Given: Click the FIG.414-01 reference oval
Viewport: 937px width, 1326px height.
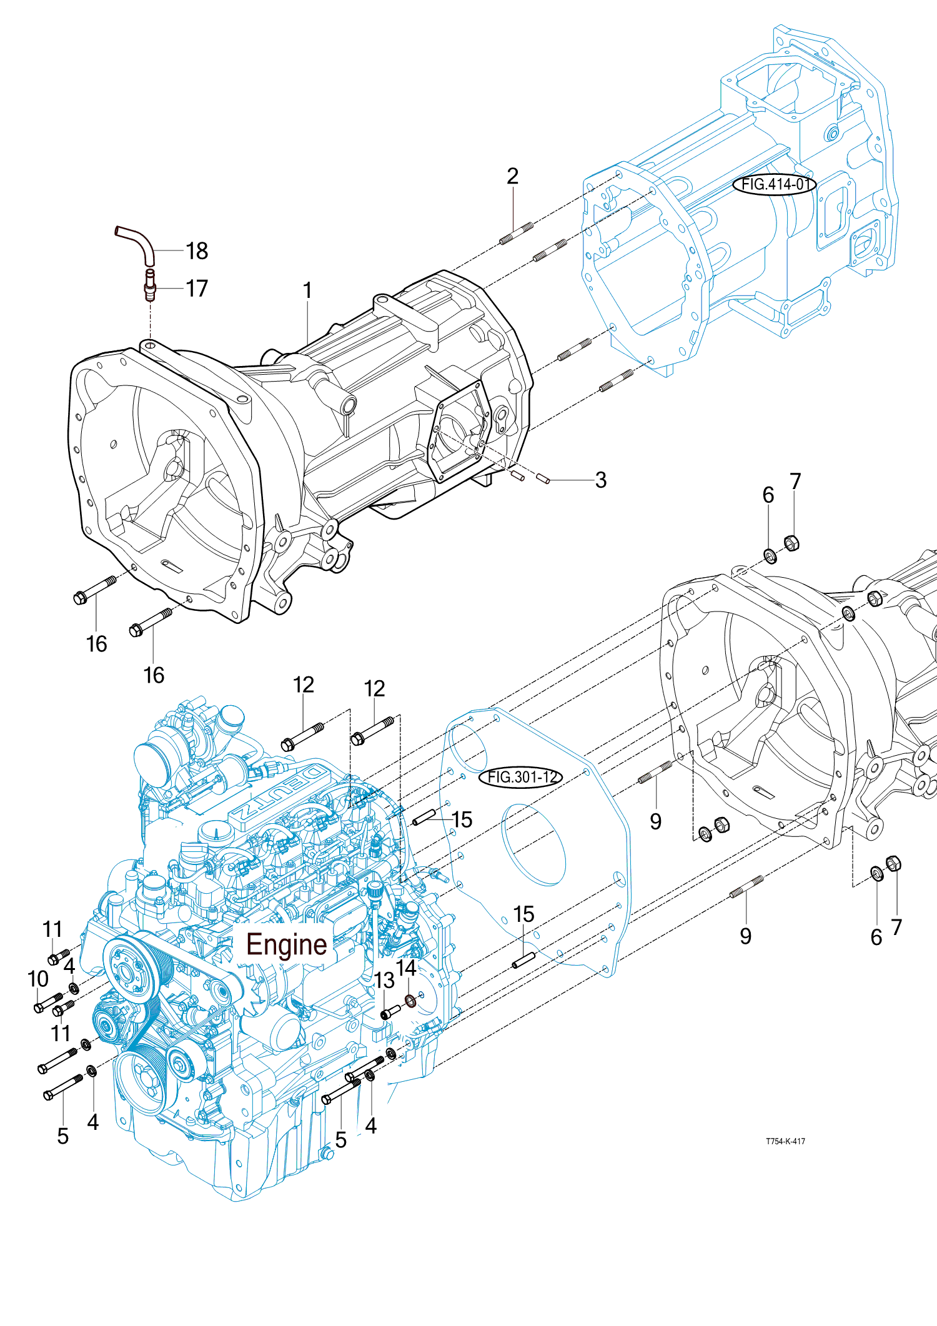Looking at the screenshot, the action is click(x=774, y=184).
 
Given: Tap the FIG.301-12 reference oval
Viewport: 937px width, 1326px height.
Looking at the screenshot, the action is click(x=520, y=777).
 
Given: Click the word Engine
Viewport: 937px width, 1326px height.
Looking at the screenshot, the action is click(x=287, y=944).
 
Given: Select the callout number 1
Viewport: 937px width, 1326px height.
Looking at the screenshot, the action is click(x=307, y=290).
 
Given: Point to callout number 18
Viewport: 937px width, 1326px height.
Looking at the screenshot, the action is click(x=197, y=251).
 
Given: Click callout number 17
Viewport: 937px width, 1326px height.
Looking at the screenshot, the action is click(x=197, y=289).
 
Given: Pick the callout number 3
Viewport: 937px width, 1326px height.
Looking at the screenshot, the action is click(x=600, y=480).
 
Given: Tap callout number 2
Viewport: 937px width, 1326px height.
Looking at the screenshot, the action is click(x=513, y=176).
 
